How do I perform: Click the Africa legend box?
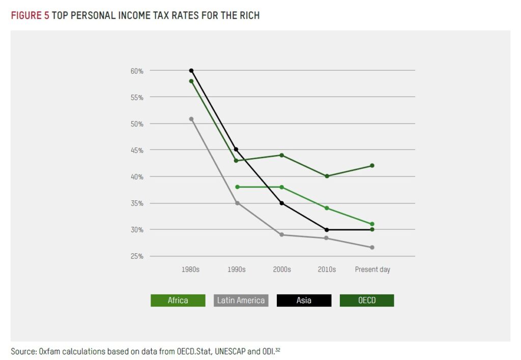coord(178,301)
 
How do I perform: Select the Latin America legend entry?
coord(241,301)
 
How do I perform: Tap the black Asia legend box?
coord(304,301)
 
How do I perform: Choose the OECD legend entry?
coord(367,301)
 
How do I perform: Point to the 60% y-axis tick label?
coord(137,71)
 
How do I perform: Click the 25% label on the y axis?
coord(137,256)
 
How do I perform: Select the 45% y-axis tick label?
coord(137,151)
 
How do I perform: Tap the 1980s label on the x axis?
coord(190,269)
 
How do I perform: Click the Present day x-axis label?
coord(372,269)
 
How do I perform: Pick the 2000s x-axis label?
coord(281,269)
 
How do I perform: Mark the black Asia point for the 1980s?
coord(191,71)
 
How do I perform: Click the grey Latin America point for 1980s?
coord(191,119)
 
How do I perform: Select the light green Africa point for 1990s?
coord(237,187)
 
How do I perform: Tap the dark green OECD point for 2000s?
coord(281,155)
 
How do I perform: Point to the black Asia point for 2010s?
coord(327,230)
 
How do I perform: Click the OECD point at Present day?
coord(372,166)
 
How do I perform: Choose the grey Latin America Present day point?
coord(372,248)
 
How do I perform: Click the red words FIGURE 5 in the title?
coord(30,16)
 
